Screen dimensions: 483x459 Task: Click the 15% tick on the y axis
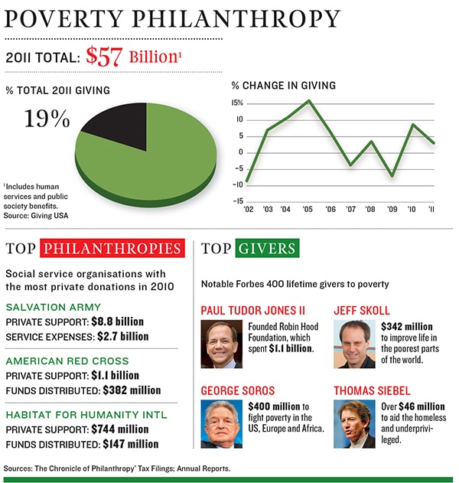237,103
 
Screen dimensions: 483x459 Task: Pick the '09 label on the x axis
392,208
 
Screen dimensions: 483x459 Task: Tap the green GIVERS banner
266,249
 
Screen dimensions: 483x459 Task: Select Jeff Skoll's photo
354,344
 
